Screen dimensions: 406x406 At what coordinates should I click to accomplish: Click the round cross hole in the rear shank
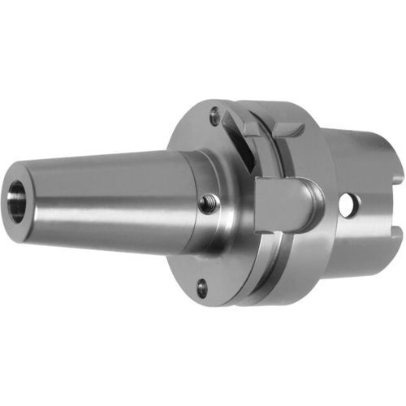tap(350, 206)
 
